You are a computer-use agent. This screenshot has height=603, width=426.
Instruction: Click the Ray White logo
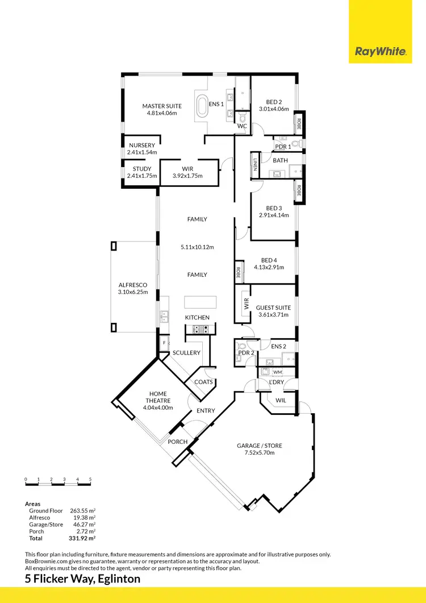[x=381, y=52]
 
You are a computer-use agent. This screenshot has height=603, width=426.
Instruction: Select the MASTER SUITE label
[x=162, y=106]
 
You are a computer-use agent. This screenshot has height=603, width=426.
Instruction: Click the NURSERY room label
[x=141, y=145]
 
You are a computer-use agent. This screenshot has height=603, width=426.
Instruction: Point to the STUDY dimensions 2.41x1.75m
[x=142, y=176]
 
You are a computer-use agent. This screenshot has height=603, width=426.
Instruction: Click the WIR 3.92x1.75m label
[x=187, y=176]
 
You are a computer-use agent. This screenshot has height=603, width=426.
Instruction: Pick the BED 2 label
[x=274, y=102]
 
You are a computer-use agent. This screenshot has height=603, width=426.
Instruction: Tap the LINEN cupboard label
[x=256, y=164]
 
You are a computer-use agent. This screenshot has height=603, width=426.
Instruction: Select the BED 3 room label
[x=274, y=208]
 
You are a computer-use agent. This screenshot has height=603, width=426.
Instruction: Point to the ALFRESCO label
[x=132, y=285]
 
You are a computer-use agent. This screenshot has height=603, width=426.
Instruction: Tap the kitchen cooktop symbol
[x=201, y=328]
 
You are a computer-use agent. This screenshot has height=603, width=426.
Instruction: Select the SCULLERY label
[x=186, y=353]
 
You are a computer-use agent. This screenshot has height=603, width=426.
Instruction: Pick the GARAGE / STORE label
[x=259, y=446]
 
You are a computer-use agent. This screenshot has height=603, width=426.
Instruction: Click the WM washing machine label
[x=277, y=372]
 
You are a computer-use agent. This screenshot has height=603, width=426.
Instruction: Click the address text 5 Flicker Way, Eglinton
[x=83, y=579]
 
